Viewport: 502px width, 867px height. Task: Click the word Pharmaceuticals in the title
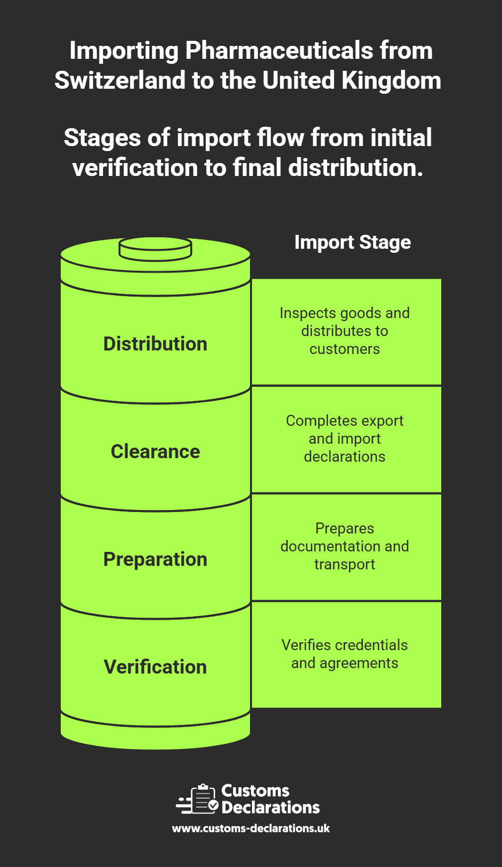pos(279,51)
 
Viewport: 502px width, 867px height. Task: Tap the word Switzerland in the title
pos(120,81)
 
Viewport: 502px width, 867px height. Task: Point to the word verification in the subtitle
pos(134,168)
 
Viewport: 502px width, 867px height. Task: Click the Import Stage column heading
pos(353,242)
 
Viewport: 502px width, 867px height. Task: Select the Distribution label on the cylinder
pos(155,344)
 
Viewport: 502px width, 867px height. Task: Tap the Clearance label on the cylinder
pos(155,452)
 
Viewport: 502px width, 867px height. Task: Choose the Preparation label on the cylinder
pos(155,559)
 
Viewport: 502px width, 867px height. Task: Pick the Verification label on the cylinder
pos(155,667)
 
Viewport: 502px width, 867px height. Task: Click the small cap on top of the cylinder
pos(155,248)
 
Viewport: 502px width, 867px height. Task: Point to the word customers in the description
pos(345,349)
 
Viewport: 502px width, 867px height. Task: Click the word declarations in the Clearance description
pos(345,457)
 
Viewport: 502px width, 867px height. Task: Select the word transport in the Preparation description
pos(345,564)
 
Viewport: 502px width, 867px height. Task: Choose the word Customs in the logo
pos(255,791)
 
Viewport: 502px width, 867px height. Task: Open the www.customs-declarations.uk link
pos(251,829)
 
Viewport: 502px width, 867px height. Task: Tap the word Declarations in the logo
pos(270,808)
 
